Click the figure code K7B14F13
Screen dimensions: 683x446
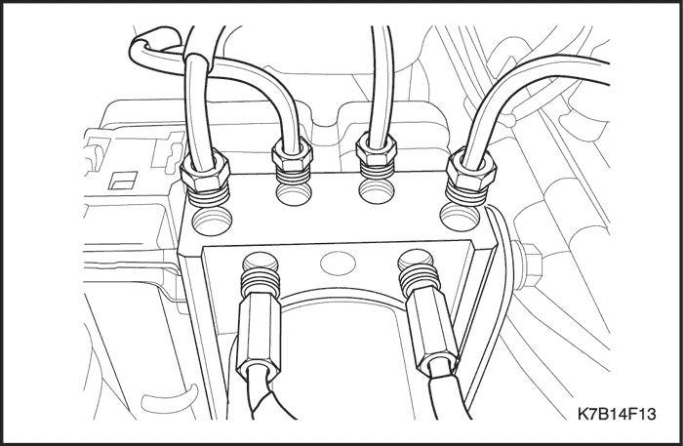point(617,414)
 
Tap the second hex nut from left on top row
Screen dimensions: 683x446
point(292,154)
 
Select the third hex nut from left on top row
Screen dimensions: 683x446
point(376,149)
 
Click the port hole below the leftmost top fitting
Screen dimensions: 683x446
point(213,221)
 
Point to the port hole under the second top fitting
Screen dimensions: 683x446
point(294,194)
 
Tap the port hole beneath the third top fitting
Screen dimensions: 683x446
point(377,190)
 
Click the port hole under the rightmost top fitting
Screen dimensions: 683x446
point(460,218)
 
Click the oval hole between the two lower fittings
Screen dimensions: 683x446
point(338,264)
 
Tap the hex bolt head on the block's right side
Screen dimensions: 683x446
point(528,265)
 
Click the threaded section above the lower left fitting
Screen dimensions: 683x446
point(260,280)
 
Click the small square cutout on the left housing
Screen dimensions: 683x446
point(123,181)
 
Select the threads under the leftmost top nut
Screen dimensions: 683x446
point(209,197)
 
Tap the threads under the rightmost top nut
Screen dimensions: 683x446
point(466,196)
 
